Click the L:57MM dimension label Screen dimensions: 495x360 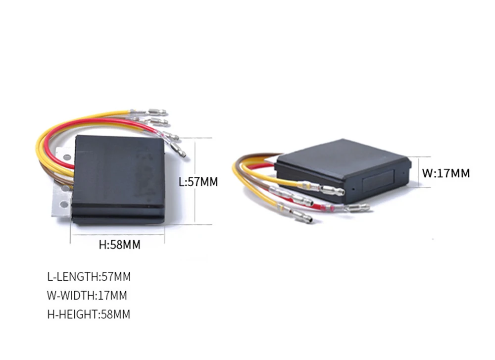coord(198,182)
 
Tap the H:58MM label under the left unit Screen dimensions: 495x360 coord(120,245)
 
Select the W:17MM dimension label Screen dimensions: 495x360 coord(446,173)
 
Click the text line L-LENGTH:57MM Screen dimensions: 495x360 coord(89,277)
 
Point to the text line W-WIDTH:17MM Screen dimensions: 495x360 coord(87,296)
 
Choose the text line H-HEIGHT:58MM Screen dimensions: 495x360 coord(89,314)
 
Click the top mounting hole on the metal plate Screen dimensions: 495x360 coord(67,157)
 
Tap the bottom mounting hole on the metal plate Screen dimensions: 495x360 coord(64,205)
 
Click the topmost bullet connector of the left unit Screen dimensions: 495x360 coord(157,112)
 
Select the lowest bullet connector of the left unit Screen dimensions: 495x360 coord(178,150)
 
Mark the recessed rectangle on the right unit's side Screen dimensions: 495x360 coord(378,181)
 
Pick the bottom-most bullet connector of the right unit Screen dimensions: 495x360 coord(301,216)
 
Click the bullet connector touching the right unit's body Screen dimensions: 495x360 coord(332,191)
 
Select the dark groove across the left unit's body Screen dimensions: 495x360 coord(118,206)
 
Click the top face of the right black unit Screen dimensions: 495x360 coord(343,157)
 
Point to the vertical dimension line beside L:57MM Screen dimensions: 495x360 coord(195,181)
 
